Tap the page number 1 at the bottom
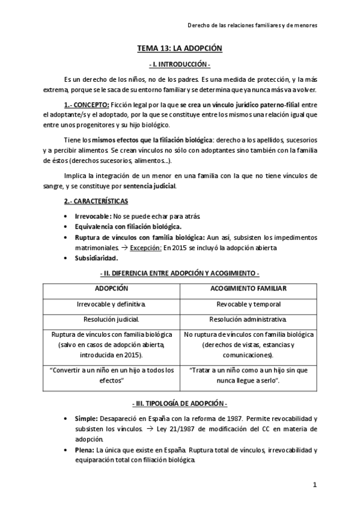[314, 484]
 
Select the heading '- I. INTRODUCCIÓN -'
[180, 64]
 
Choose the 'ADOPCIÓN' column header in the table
[111, 289]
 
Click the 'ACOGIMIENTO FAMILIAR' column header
[248, 289]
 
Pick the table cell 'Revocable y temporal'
[248, 304]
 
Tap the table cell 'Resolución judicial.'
[111, 319]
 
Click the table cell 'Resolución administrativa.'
[248, 319]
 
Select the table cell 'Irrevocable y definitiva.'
[111, 304]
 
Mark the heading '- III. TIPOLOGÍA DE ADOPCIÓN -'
[180, 402]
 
